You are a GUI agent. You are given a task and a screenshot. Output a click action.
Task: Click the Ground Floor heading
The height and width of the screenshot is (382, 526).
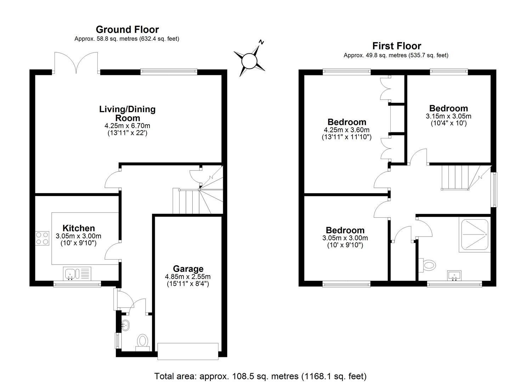click(x=127, y=29)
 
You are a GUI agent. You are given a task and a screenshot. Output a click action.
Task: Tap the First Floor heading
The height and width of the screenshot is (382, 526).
click(x=396, y=46)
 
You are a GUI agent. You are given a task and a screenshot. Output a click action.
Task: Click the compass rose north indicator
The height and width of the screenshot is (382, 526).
click(x=249, y=60)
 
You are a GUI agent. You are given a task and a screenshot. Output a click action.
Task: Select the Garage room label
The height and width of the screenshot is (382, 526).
click(x=188, y=269)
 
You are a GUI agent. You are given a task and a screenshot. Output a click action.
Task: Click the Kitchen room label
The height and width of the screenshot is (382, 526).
click(x=79, y=228)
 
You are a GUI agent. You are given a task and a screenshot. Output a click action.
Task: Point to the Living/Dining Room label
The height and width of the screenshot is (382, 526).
click(x=127, y=113)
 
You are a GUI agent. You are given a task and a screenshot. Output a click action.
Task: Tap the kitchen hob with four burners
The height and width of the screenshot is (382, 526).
click(x=42, y=238)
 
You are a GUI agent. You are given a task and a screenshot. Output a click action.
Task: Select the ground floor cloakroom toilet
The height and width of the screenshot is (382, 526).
click(x=142, y=341)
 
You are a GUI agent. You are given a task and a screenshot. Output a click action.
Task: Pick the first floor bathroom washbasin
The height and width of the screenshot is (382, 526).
click(x=454, y=275)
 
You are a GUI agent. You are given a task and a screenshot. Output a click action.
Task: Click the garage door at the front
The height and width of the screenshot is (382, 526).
click(x=188, y=351)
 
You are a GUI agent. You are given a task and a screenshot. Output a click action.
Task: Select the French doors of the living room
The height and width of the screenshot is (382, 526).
click(x=76, y=64)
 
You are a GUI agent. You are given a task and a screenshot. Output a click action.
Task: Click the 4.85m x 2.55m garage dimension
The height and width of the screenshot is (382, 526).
click(x=188, y=277)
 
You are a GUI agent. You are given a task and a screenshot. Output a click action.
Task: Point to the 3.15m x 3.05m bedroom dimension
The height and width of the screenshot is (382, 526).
click(x=448, y=116)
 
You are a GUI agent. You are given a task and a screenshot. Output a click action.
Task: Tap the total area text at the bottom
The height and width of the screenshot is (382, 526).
click(x=260, y=376)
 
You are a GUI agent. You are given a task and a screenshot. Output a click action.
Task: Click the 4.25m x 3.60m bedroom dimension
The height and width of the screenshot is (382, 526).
click(x=346, y=130)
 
